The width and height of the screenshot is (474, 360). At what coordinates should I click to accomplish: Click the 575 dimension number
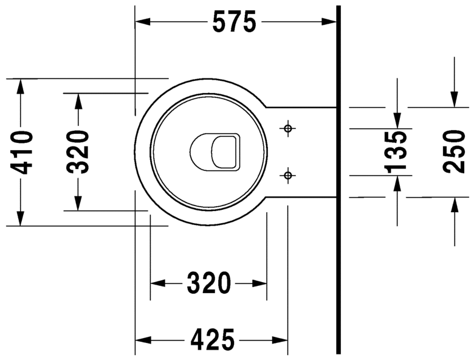click(x=235, y=22)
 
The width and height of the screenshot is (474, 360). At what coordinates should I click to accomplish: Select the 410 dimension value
click(x=21, y=153)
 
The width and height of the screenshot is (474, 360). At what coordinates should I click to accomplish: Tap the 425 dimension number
click(x=212, y=340)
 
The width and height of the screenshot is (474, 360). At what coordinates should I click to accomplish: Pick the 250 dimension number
click(x=454, y=151)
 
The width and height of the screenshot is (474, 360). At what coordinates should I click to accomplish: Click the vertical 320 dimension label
click(x=78, y=152)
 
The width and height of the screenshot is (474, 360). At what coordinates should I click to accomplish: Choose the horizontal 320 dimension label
click(x=208, y=283)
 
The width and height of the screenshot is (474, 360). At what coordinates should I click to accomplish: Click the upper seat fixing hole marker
click(x=288, y=128)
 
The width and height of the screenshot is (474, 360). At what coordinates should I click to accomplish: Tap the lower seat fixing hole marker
click(x=288, y=175)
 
